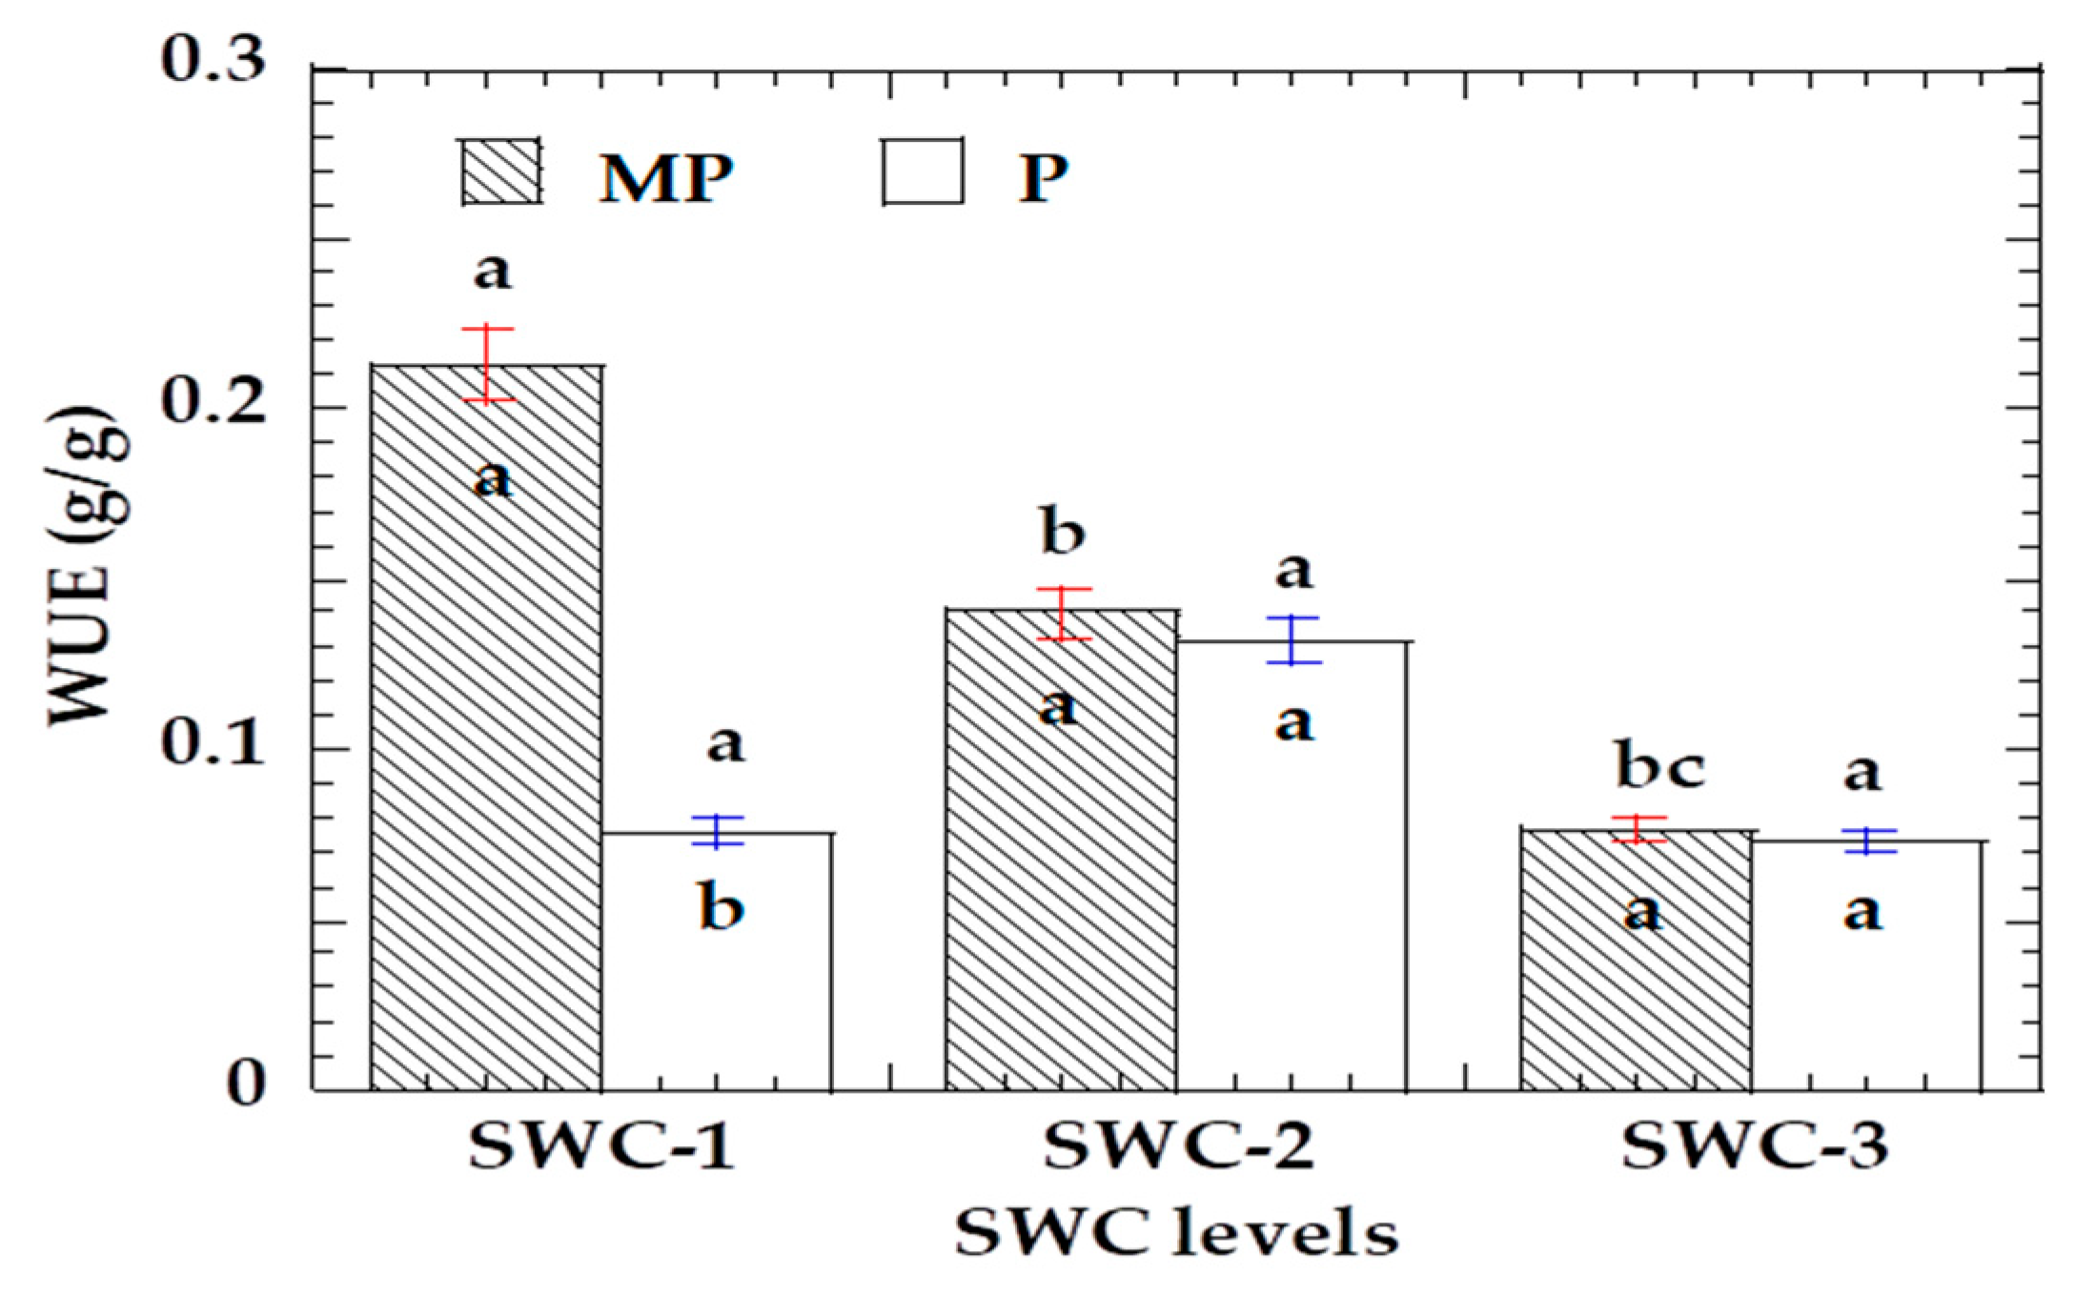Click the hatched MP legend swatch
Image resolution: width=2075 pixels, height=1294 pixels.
click(x=501, y=172)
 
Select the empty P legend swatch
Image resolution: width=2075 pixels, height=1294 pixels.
click(x=922, y=172)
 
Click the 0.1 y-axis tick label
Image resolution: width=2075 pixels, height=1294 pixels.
click(x=213, y=743)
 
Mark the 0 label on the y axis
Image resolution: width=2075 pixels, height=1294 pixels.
click(x=246, y=1084)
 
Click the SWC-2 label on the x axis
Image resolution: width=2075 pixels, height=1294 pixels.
click(x=1178, y=1145)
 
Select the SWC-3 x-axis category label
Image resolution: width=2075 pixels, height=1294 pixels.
click(x=1755, y=1145)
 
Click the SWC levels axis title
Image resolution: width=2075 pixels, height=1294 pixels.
click(x=1176, y=1233)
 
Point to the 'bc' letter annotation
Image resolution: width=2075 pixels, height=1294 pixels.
click(x=1659, y=766)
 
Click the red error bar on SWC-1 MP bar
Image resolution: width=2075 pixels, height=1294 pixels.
click(x=488, y=364)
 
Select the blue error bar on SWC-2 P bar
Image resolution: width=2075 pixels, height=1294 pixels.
click(x=1293, y=639)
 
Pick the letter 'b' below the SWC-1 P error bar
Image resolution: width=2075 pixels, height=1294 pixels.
click(x=722, y=906)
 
